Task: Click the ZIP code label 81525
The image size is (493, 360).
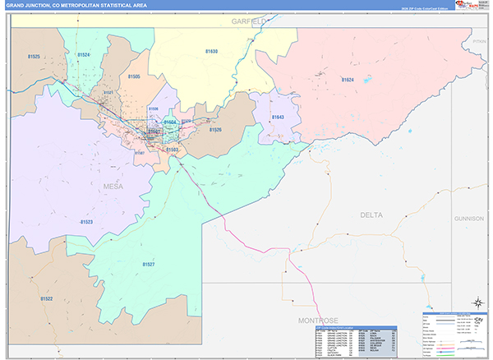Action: pyautogui.click(x=34, y=57)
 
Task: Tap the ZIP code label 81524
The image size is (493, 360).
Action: pyautogui.click(x=83, y=55)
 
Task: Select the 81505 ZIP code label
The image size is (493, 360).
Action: pyautogui.click(x=134, y=76)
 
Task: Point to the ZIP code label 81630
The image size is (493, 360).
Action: pyautogui.click(x=211, y=52)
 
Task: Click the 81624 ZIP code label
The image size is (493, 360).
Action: pyautogui.click(x=347, y=80)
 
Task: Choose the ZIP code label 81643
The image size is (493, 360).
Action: pyautogui.click(x=277, y=118)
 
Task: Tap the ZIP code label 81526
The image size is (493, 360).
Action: pyautogui.click(x=214, y=130)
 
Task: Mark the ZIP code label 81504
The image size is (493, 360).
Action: pyautogui.click(x=170, y=122)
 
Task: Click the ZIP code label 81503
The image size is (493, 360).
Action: pyautogui.click(x=173, y=150)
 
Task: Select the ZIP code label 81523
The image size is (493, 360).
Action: pyautogui.click(x=86, y=222)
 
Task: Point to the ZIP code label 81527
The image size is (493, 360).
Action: pyautogui.click(x=148, y=264)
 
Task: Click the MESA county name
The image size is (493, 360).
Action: pyautogui.click(x=113, y=187)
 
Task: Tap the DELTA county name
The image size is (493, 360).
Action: pyautogui.click(x=371, y=215)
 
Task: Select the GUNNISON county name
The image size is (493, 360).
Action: pyautogui.click(x=468, y=219)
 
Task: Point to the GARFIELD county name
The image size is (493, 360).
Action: pyautogui.click(x=246, y=19)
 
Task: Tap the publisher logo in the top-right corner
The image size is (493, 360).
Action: pyautogui.click(x=468, y=6)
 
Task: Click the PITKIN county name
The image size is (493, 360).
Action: pyautogui.click(x=480, y=40)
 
